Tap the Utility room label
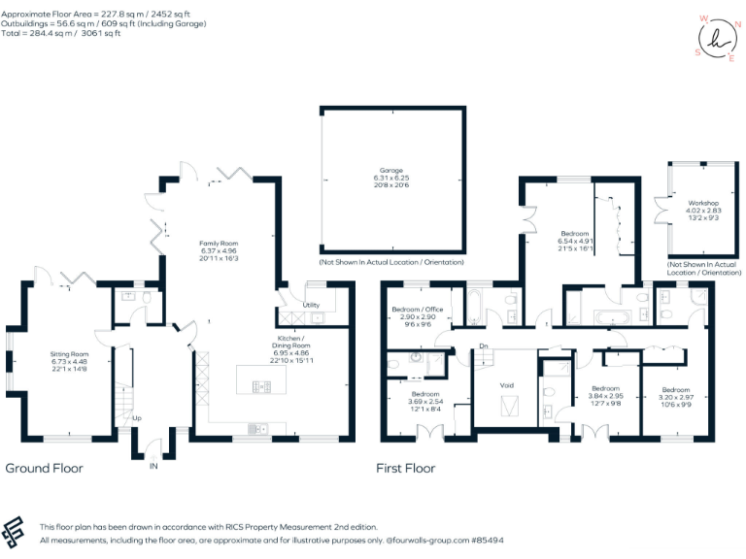coord(312,305)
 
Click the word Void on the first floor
coord(507,385)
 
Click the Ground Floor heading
coord(44,468)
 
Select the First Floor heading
coord(405,468)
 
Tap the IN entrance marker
coord(153,466)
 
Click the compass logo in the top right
coord(717,37)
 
